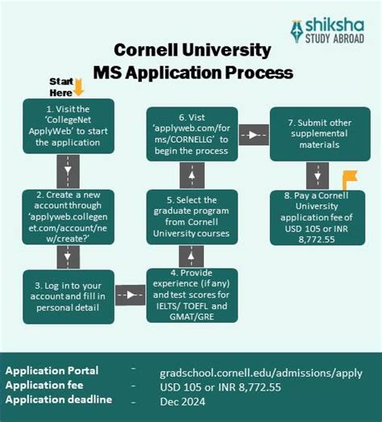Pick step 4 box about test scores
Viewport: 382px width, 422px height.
(x=192, y=295)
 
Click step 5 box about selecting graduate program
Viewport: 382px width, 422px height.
(x=192, y=215)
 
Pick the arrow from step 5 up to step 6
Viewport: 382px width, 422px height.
(x=192, y=174)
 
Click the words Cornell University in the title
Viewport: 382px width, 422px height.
(x=191, y=50)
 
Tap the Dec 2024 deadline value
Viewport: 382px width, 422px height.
(x=181, y=399)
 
